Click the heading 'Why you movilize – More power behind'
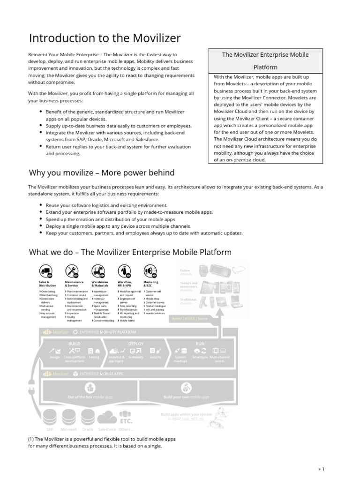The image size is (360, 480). pos(102,173)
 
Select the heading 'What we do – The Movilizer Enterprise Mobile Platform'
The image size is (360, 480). pos(130,252)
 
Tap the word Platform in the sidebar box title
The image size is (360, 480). pos(265,67)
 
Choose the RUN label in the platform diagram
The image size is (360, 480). pos(200,344)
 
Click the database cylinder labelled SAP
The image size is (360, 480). pos(50,416)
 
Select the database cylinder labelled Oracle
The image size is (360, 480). pos(88,416)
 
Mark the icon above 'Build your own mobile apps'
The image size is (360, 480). pos(187,388)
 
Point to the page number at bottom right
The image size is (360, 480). pos(321,469)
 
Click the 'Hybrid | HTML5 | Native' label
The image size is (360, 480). pos(196,318)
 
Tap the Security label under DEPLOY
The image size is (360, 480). pos(156,357)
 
